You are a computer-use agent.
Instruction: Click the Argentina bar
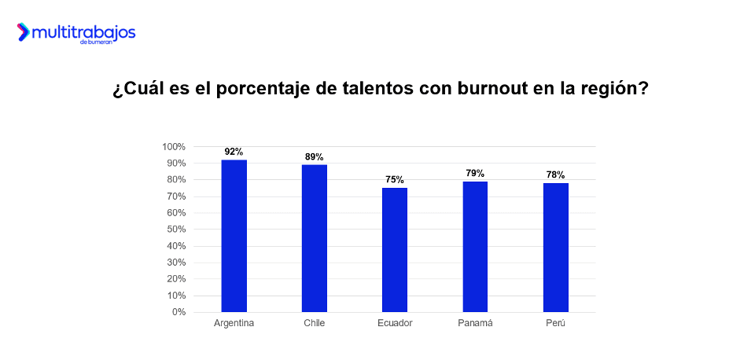(234, 236)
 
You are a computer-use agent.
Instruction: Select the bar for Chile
(315, 238)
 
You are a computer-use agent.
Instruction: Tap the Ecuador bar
(395, 250)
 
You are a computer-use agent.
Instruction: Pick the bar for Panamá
(475, 247)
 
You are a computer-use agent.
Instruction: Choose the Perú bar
(555, 248)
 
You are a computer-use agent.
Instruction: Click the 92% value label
(234, 152)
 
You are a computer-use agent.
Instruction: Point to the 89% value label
(315, 156)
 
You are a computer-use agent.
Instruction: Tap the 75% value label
(395, 179)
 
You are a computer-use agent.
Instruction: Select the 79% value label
(475, 173)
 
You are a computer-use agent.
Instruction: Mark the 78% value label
(555, 174)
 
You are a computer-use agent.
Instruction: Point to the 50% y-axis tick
(175, 230)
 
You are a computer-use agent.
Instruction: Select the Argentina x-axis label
(234, 323)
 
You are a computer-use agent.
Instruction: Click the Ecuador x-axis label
(395, 323)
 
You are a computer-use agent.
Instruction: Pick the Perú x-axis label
(555, 323)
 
